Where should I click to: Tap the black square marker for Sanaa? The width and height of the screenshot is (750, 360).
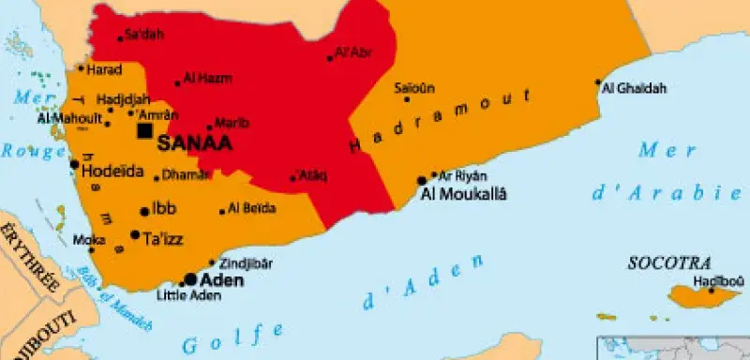coord(144,131)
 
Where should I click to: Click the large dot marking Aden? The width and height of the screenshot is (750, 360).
coord(190,279)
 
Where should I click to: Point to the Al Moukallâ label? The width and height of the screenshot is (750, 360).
coord(465,194)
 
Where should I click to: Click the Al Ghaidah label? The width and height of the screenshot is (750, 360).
coord(635,88)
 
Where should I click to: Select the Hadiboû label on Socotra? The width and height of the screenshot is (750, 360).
coord(718,280)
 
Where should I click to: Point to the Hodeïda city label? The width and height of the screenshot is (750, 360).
coord(113,171)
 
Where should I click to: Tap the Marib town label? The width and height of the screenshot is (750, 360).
coord(232,122)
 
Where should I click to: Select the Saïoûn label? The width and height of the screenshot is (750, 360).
coord(414,88)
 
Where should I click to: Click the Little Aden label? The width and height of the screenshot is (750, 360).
coord(188,296)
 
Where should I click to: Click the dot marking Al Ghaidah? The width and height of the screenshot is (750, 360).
coord(598,82)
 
